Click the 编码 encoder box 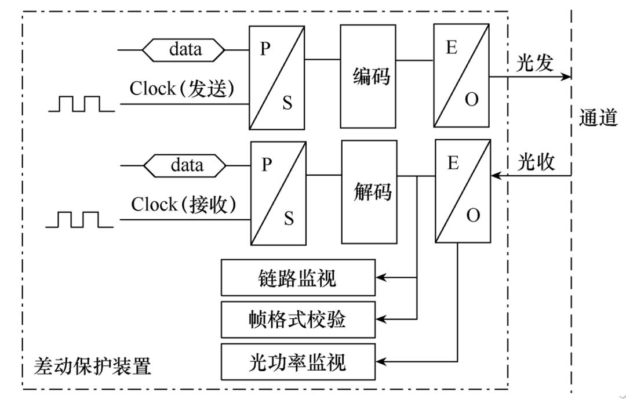[368, 76]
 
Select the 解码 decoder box [369, 191]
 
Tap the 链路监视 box [298, 278]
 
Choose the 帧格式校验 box [298, 320]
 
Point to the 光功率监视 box [298, 362]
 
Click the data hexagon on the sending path [184, 50]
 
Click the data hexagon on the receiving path [185, 166]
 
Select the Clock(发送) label [182, 89]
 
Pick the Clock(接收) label [183, 205]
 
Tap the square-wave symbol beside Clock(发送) [81, 103]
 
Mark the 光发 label [534, 63]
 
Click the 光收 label [536, 162]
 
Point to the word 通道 [598, 118]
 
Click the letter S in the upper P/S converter [287, 103]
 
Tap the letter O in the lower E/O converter [473, 216]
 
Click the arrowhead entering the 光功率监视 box [381, 362]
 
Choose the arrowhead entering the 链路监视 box [381, 278]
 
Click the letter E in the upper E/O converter [452, 48]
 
